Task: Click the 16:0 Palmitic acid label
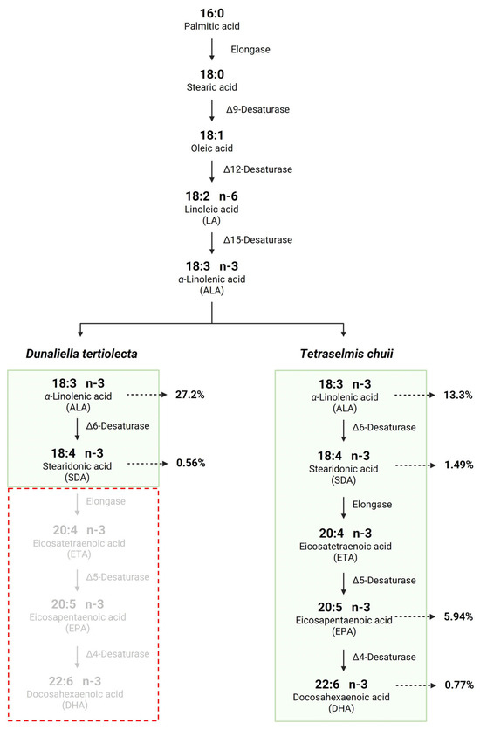(x=211, y=19)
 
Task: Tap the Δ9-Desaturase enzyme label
(x=257, y=109)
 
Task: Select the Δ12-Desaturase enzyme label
(x=257, y=169)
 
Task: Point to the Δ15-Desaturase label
(x=257, y=240)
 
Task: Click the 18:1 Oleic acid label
(x=211, y=141)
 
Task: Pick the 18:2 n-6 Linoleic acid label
(x=211, y=208)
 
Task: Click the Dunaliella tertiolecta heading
(x=81, y=354)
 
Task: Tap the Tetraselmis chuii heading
(x=346, y=354)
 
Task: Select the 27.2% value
(x=189, y=395)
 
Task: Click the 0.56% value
(x=191, y=463)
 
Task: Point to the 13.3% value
(x=457, y=396)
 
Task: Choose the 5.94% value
(x=458, y=616)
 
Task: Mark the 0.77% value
(x=459, y=685)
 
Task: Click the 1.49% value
(x=458, y=465)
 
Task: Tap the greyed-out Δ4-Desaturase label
(x=118, y=654)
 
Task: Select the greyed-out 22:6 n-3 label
(x=75, y=681)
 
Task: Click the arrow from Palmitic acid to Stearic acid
(x=212, y=50)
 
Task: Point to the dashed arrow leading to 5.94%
(x=415, y=616)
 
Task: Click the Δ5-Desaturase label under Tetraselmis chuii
(x=384, y=581)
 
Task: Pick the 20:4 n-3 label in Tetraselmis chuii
(x=345, y=533)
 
